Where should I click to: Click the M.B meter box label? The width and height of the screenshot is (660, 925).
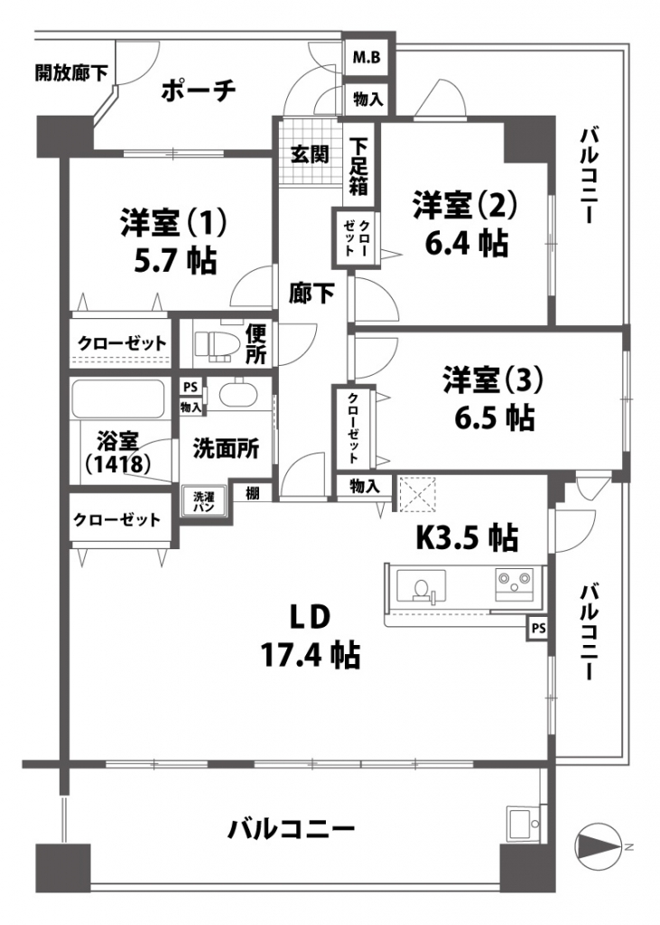coord(367,58)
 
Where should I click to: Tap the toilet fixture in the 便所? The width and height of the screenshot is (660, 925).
coord(216,342)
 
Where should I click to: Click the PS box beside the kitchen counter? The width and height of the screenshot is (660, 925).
coord(538,629)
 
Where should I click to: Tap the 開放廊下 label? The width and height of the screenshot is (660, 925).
coord(71,73)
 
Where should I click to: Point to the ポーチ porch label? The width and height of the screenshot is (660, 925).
coord(198,89)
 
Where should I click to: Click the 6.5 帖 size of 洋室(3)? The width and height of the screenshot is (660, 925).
coord(494,417)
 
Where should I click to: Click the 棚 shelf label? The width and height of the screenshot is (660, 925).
coord(253,492)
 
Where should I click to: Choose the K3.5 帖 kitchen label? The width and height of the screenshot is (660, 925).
coord(467,537)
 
